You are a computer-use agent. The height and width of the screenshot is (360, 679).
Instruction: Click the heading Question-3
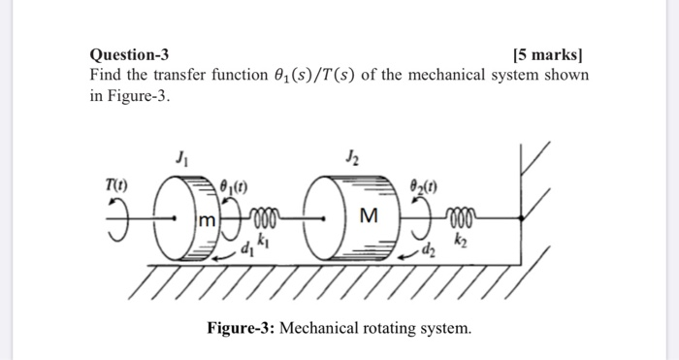tap(128, 55)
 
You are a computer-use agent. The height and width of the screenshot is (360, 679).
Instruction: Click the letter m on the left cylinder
tap(205, 223)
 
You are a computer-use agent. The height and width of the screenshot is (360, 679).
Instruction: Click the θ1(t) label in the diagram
tap(236, 184)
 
